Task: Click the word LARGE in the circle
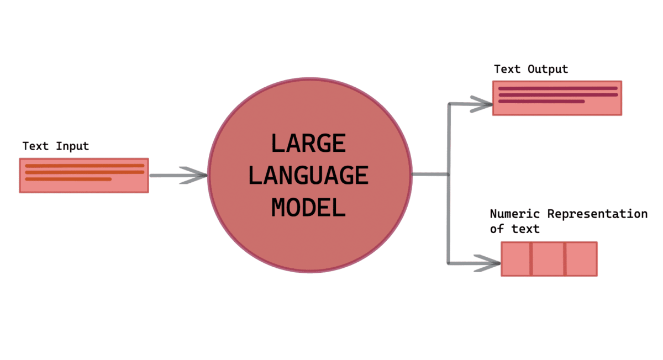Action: point(309,144)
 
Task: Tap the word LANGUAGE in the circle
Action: point(309,176)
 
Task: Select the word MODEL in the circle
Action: point(309,208)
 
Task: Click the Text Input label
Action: point(56,146)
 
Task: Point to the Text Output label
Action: point(531,70)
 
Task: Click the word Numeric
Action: point(516,214)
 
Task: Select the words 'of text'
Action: point(515,228)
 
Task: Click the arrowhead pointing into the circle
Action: point(197,176)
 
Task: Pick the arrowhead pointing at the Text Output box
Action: point(481,103)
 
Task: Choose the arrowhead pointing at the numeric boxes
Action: point(488,262)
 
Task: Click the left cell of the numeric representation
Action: point(516,258)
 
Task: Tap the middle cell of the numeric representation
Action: point(549,258)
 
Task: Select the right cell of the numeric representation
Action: point(581,258)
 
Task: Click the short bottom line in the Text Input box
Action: point(69,179)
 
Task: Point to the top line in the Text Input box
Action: point(85,165)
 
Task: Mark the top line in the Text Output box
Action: point(557,88)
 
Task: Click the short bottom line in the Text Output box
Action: point(541,102)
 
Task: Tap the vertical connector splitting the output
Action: point(449,182)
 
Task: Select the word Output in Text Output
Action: point(548,70)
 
